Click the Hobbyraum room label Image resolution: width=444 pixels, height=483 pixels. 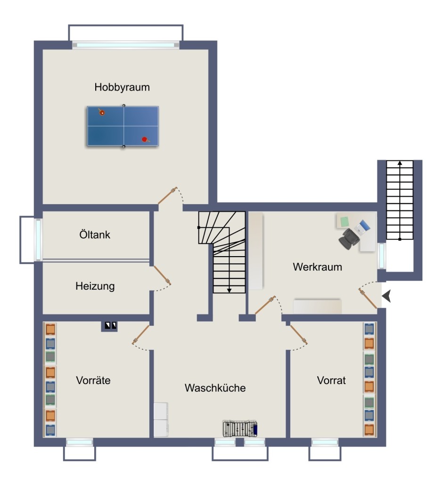tap(122, 87)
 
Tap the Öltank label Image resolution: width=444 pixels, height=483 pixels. tap(95, 234)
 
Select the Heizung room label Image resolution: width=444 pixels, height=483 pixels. tap(95, 286)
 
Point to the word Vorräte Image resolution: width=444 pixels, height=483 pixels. tap(93, 380)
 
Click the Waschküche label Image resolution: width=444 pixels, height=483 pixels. tap(215, 388)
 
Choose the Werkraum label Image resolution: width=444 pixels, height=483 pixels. tap(317, 267)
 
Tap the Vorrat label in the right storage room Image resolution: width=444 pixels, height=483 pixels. tap(331, 381)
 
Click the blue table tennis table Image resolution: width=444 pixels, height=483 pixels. tap(123, 126)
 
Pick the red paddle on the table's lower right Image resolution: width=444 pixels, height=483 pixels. tap(145, 140)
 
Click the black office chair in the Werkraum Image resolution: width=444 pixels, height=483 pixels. tap(349, 239)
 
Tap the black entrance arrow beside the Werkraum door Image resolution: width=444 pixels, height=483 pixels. tap(386, 296)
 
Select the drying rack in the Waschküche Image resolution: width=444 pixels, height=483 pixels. tap(240, 428)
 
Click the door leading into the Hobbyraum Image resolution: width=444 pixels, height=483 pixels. tap(167, 195)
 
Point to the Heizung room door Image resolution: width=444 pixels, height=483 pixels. tap(162, 275)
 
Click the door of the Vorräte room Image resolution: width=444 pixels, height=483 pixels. tap(141, 334)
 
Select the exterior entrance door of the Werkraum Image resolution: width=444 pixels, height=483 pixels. tap(368, 298)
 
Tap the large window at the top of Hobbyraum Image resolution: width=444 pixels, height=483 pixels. tap(126, 45)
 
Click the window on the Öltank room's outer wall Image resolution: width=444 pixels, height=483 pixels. tap(38, 239)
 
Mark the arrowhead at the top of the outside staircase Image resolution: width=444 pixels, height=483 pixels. tap(400, 163)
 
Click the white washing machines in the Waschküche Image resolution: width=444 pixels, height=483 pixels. tap(161, 419)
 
